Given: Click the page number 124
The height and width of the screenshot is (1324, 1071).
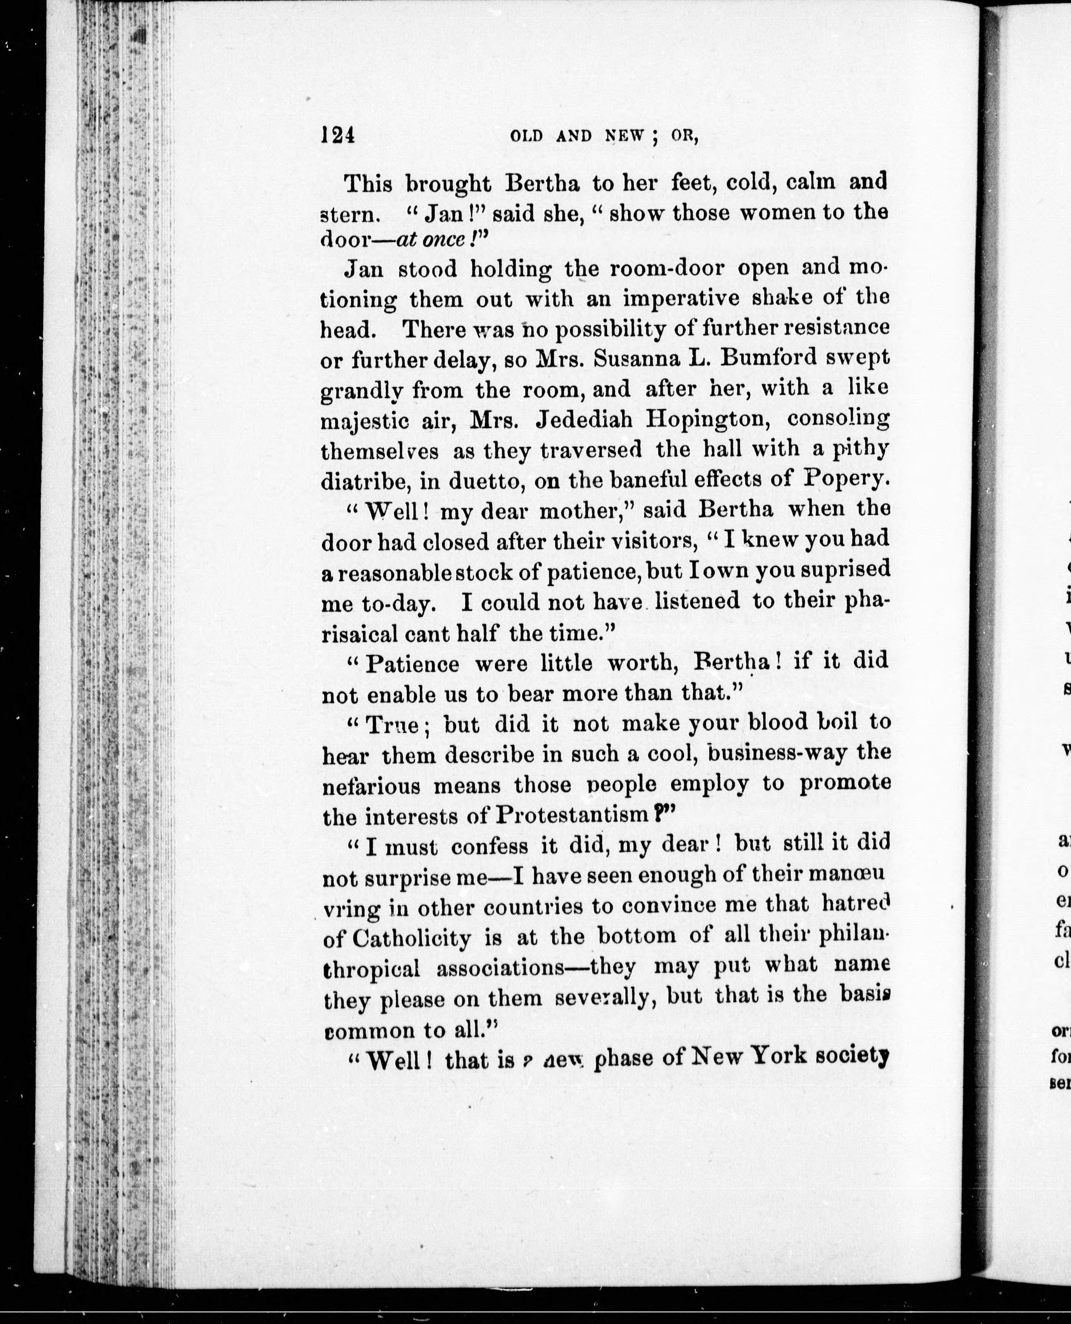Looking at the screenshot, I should click(338, 134).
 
